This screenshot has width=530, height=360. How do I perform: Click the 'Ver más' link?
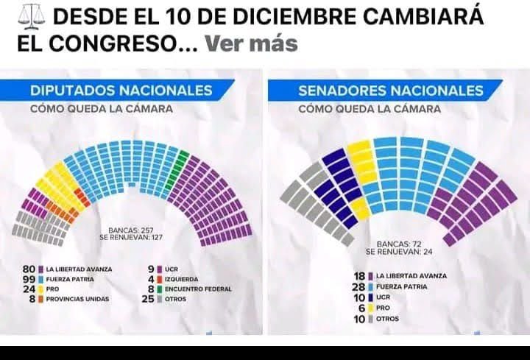pos(251,43)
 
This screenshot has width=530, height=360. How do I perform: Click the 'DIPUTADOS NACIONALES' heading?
pos(121,91)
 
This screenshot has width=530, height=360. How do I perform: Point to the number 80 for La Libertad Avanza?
pos(29,269)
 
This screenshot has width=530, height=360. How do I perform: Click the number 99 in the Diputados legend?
pos(29,279)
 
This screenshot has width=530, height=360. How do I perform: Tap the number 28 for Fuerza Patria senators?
pos(360,286)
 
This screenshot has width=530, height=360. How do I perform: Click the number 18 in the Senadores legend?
pos(360,275)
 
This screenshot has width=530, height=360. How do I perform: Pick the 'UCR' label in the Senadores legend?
pos(384,297)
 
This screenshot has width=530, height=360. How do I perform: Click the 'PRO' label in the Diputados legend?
pos(53,289)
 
